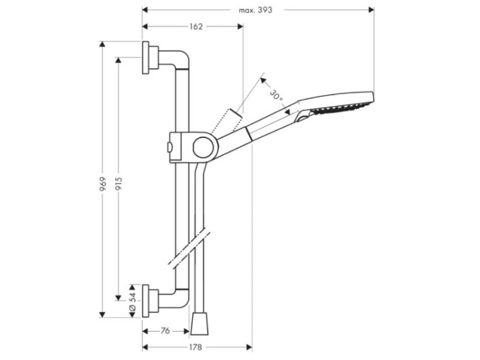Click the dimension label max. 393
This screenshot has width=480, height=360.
[255, 10]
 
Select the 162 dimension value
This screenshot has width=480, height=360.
[196, 27]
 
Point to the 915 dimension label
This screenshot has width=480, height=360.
[118, 184]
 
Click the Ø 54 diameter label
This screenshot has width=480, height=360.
[132, 301]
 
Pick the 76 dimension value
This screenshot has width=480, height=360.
[165, 331]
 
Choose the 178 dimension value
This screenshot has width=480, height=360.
[195, 347]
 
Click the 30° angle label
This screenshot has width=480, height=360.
[276, 95]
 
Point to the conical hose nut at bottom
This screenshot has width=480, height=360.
[199, 323]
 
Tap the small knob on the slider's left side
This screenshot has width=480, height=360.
[169, 148]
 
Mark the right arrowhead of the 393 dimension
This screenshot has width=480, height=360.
[371, 10]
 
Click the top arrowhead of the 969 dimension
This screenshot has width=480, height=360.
[102, 44]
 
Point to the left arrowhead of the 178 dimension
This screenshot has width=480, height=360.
[145, 347]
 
